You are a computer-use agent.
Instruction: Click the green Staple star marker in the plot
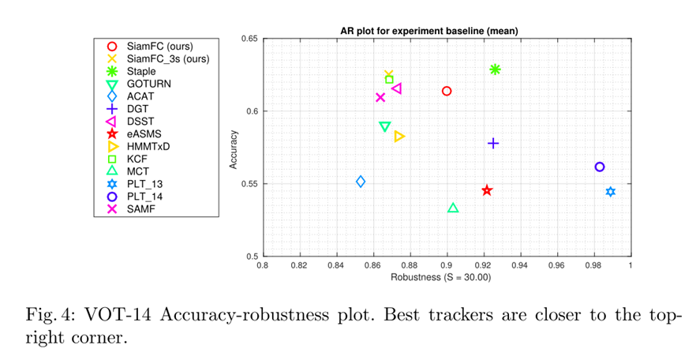(495, 69)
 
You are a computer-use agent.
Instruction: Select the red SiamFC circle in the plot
(447, 91)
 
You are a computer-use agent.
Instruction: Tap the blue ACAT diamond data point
(361, 182)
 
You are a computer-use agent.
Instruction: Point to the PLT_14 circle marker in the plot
(600, 167)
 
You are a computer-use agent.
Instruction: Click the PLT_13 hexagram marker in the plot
(611, 192)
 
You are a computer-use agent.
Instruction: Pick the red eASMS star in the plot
(487, 190)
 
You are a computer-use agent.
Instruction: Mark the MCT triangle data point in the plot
(453, 208)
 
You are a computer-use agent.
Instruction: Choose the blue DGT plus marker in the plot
(493, 143)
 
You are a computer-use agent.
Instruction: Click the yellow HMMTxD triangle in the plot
(399, 137)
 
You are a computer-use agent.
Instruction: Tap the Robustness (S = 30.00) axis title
(446, 277)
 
